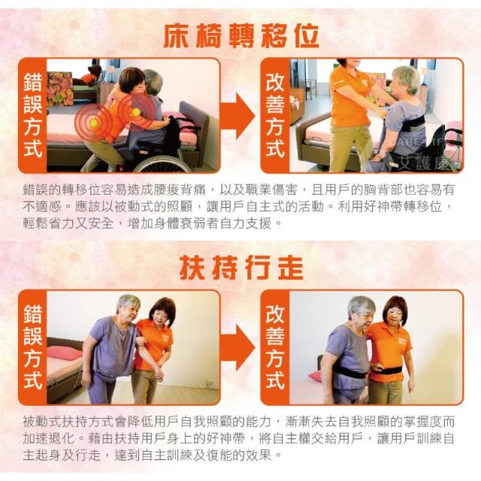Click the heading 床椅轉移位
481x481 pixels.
(x=241, y=35)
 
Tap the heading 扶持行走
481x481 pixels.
(x=241, y=268)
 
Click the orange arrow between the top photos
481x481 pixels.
(x=237, y=116)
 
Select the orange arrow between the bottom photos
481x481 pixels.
(x=237, y=347)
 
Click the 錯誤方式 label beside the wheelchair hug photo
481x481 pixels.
(x=33, y=115)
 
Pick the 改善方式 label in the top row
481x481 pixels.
(x=275, y=115)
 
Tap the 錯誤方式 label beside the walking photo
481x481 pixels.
(x=33, y=346)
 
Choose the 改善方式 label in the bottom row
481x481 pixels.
(x=275, y=346)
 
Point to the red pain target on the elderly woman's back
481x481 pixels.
(x=136, y=112)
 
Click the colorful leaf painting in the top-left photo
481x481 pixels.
(x=60, y=89)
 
